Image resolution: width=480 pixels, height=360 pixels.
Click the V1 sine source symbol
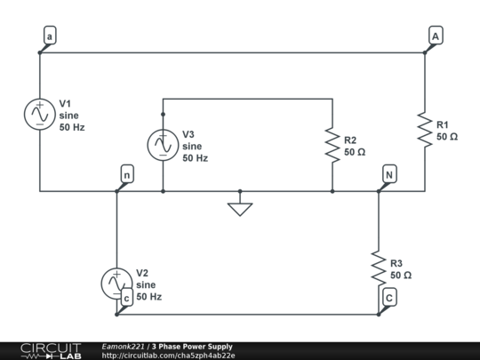click(40, 114)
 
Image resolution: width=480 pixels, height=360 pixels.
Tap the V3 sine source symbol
click(163, 145)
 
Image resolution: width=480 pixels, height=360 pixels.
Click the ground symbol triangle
click(240, 209)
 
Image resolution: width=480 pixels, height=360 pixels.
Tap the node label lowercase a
click(49, 36)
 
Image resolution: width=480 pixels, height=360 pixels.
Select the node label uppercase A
click(435, 36)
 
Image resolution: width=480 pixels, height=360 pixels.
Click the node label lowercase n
click(126, 175)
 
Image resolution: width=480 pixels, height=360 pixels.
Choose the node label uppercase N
click(388, 175)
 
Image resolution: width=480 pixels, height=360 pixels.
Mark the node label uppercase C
click(389, 299)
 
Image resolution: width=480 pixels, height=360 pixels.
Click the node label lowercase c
click(126, 299)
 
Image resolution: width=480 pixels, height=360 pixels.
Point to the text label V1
click(67, 103)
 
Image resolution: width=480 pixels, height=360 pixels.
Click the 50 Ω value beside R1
click(447, 137)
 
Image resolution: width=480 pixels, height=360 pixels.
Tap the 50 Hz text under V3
click(195, 158)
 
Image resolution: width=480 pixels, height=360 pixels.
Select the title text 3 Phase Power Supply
click(192, 347)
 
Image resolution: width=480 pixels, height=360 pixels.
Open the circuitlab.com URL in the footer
click(168, 356)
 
